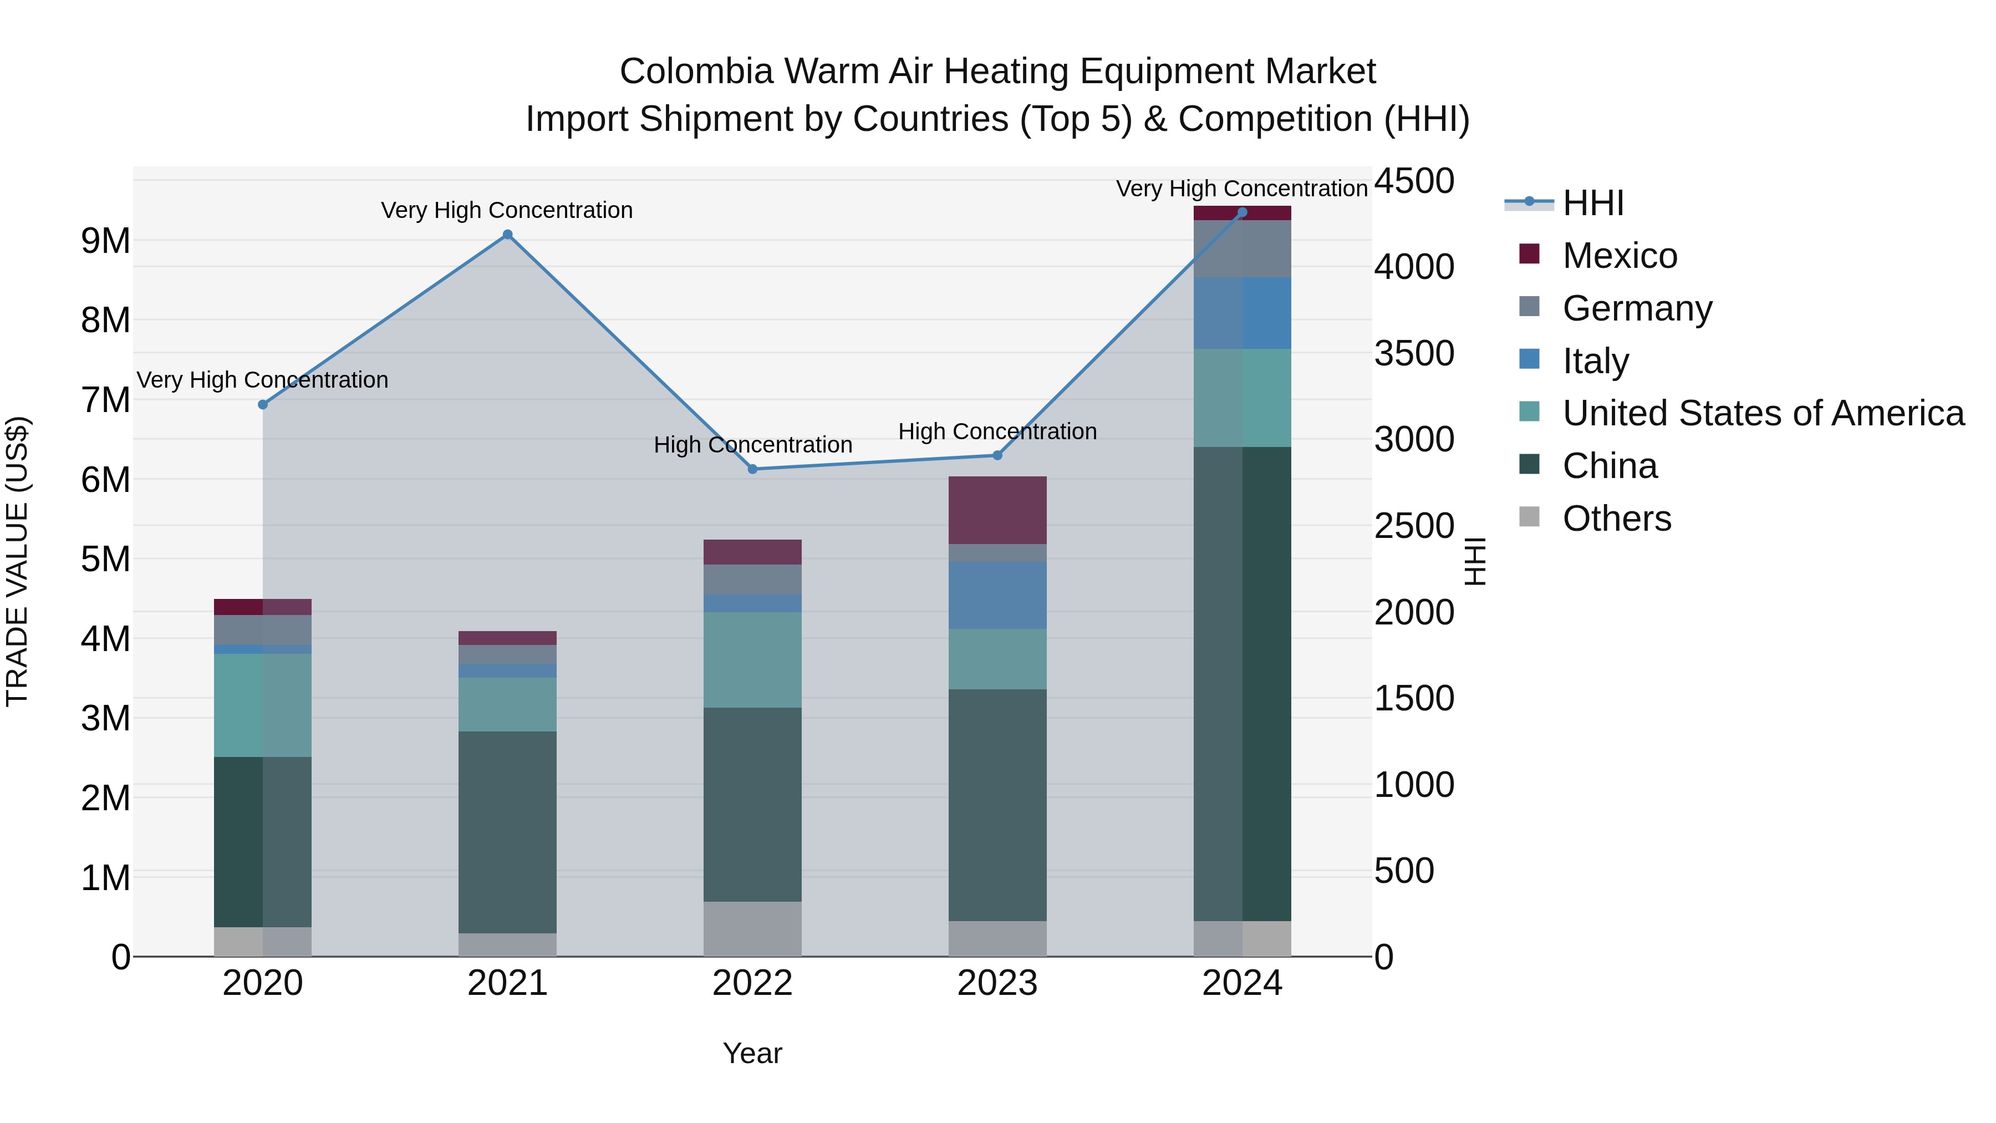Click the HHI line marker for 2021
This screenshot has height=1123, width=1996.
pyautogui.click(x=507, y=235)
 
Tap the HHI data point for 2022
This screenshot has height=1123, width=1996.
pyautogui.click(x=752, y=469)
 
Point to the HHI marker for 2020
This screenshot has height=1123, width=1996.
pyautogui.click(x=263, y=405)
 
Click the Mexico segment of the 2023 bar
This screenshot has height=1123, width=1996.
pyautogui.click(x=997, y=510)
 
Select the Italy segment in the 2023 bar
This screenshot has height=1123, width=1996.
pyautogui.click(x=997, y=595)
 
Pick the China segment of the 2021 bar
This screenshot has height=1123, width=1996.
pyautogui.click(x=507, y=832)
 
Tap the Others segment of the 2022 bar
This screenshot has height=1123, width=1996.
pyautogui.click(x=752, y=928)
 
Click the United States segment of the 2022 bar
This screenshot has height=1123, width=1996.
pyautogui.click(x=752, y=659)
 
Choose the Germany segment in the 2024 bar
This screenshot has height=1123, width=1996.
pyautogui.click(x=1242, y=249)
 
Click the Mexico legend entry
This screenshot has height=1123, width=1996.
pyautogui.click(x=1620, y=256)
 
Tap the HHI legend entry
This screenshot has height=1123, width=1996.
pyautogui.click(x=1592, y=203)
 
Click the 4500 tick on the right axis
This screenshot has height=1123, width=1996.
pyautogui.click(x=1414, y=181)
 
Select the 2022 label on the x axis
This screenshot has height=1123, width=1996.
pyautogui.click(x=752, y=983)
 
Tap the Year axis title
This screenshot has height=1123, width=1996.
pyautogui.click(x=752, y=1053)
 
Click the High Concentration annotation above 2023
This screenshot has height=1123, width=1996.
pyautogui.click(x=997, y=431)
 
